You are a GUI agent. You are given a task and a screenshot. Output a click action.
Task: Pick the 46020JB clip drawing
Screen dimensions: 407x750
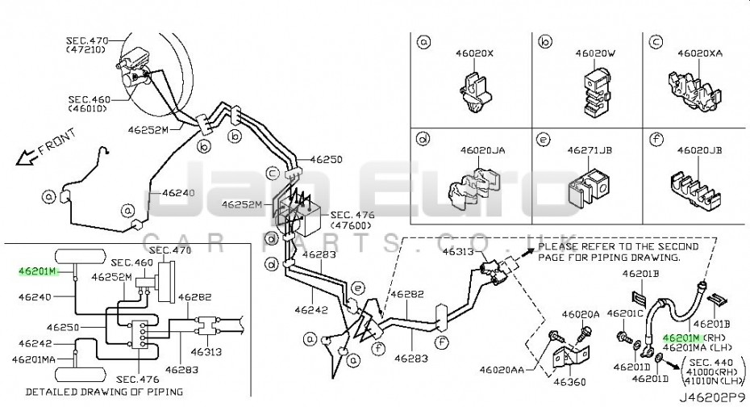click(697, 191)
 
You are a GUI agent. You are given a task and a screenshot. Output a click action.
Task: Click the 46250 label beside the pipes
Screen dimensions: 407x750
click(326, 160)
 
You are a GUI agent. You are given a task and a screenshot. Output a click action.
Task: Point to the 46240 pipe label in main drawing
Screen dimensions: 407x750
click(178, 193)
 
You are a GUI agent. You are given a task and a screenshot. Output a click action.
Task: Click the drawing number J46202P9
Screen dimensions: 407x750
click(712, 398)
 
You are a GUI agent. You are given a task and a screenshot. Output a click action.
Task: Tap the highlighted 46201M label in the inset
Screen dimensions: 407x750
click(38, 271)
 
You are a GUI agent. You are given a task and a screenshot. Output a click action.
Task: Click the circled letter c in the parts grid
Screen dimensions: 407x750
click(656, 41)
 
